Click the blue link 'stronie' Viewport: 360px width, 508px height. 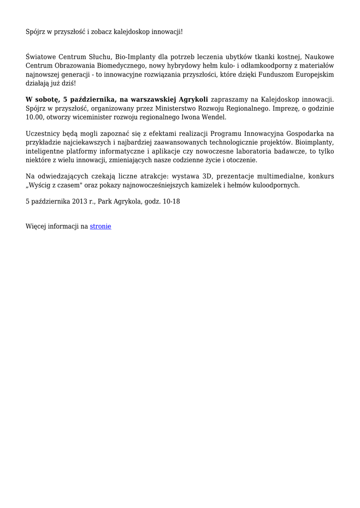click(100, 226)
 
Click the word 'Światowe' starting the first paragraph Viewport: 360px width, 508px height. click(42, 57)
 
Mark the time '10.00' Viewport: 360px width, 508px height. click(34, 117)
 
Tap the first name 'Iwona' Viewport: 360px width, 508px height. click(189, 117)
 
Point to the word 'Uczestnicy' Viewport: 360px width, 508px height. click(42, 134)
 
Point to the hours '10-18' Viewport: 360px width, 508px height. click(171, 202)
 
